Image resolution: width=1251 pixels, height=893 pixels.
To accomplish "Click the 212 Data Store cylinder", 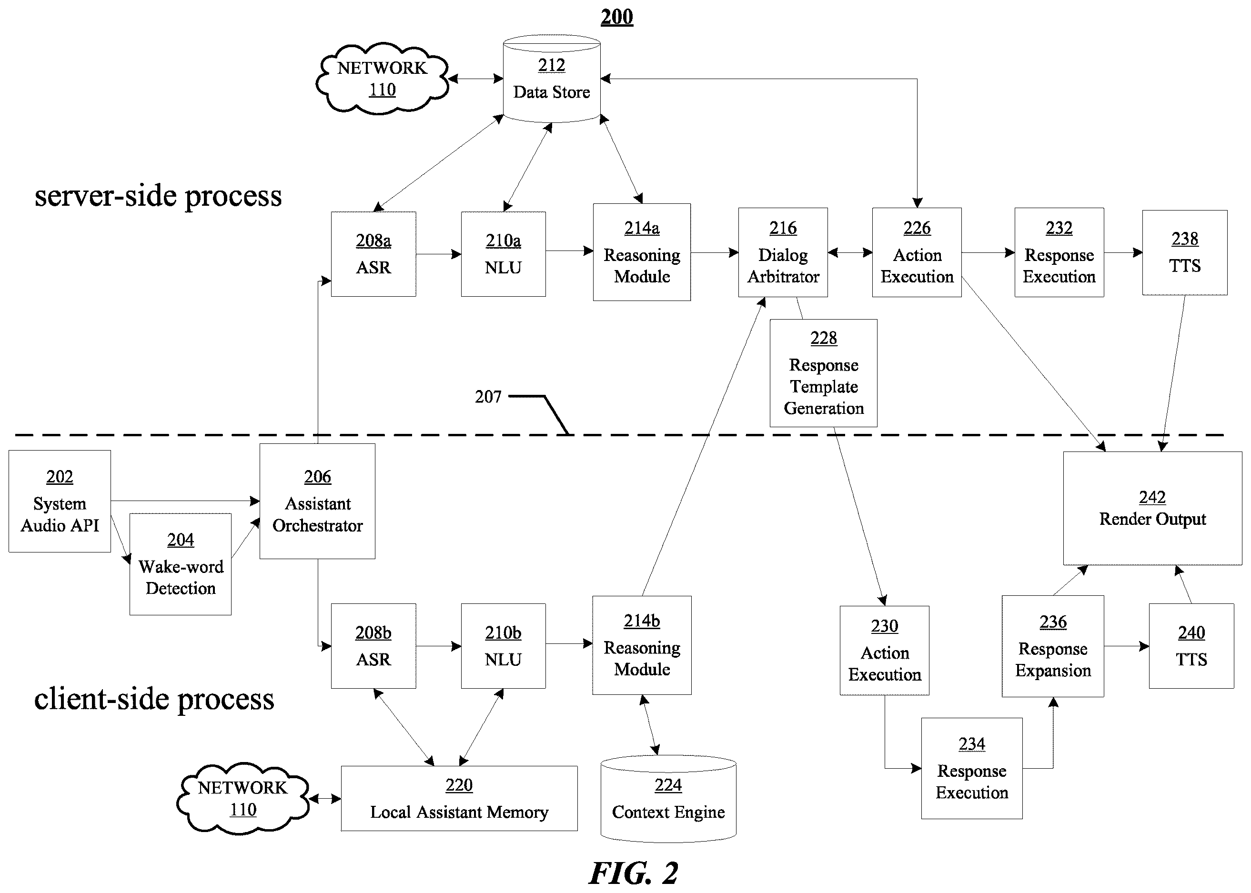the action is point(552,78).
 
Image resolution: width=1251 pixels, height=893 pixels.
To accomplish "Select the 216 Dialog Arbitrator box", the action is point(783,252).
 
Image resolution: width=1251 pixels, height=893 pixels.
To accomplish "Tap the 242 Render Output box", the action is point(1152,508).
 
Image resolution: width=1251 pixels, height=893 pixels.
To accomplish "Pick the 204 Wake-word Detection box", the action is point(181,564).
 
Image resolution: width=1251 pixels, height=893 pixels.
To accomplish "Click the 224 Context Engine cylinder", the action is point(668,798).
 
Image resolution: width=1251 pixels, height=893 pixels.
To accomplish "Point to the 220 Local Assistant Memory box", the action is point(459,798).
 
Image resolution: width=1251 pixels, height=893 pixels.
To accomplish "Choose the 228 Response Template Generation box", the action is point(824,373).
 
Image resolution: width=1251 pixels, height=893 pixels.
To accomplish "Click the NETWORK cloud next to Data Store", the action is point(382,79).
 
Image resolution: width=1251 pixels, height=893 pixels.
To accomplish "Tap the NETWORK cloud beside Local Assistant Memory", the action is point(242,798).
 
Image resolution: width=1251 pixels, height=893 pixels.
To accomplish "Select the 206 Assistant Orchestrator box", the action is point(317,501).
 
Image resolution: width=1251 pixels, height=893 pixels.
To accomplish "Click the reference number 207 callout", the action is point(488,396).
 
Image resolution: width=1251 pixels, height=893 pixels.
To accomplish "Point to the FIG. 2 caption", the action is point(634,873).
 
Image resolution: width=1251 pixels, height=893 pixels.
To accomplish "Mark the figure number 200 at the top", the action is point(616,17).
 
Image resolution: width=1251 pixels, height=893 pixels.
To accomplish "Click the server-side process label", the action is point(158,196).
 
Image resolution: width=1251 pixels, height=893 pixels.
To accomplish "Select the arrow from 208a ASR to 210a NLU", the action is point(438,254).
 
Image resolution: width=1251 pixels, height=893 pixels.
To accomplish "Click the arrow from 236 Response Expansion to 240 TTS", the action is point(1126,646).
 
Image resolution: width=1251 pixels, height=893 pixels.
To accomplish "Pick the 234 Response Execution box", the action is point(972,768).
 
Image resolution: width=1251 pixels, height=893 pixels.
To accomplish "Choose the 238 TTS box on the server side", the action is point(1184,252).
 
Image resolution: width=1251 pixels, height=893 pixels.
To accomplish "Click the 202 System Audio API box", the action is point(60,501).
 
